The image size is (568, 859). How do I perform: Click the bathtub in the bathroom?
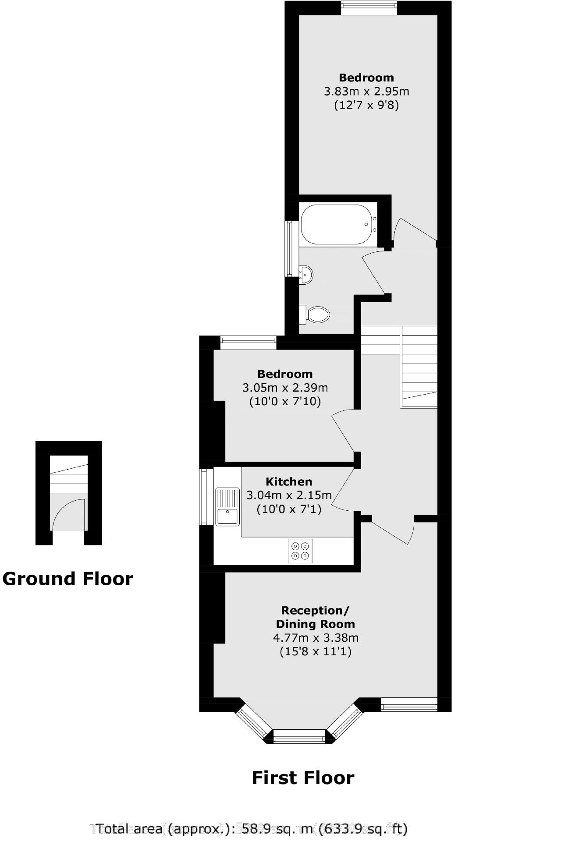click(x=337, y=224)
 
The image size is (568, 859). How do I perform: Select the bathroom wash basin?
click(x=306, y=275)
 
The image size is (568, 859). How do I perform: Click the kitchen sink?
click(x=227, y=507)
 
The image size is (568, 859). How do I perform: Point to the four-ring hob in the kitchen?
click(x=300, y=551)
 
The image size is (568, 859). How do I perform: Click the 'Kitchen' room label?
click(x=289, y=481)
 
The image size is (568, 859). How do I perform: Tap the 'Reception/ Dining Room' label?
click(x=315, y=617)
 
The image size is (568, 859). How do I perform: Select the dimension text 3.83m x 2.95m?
click(x=366, y=92)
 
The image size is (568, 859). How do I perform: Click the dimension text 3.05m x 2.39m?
click(x=285, y=388)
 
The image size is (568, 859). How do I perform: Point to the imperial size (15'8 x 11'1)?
click(x=316, y=651)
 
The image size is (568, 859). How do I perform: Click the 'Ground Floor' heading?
click(x=67, y=579)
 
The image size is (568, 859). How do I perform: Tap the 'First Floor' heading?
click(x=303, y=778)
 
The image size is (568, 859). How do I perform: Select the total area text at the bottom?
click(x=252, y=829)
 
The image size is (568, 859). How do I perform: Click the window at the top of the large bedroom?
click(x=369, y=7)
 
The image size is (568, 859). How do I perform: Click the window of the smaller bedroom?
click(x=248, y=342)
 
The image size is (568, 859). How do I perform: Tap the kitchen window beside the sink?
click(x=204, y=497)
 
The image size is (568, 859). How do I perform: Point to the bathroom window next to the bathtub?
click(x=289, y=248)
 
